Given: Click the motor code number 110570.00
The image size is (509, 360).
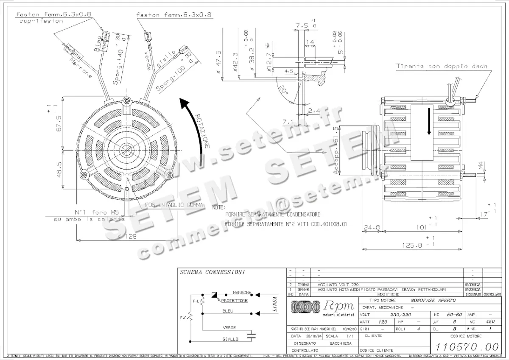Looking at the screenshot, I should coord(467,346).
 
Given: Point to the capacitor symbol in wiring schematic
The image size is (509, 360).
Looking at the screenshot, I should coord(252,336).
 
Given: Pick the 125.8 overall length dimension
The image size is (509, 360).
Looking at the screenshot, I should coord(409,245).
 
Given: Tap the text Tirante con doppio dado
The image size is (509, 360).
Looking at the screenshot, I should coord(442,67).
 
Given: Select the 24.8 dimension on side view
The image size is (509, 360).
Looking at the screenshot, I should coord(372,227).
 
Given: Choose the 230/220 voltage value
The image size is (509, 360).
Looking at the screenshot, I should coord(400,315).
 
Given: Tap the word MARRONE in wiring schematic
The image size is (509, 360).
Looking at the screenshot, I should coord(242,293).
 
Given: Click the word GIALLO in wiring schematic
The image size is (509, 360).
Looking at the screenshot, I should coord(230,339).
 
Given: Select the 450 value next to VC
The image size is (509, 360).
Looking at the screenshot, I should coord(490,322).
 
